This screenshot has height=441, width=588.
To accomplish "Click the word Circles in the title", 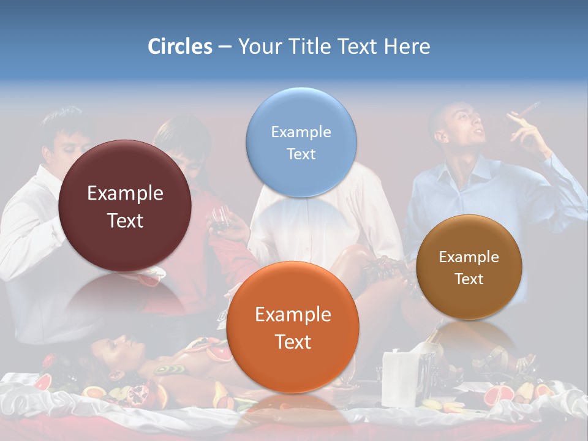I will click(x=179, y=47).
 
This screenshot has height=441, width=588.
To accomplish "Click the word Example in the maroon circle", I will click(x=125, y=194).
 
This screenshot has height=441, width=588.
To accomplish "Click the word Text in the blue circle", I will click(x=301, y=154).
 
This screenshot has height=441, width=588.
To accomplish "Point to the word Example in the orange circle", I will click(x=293, y=315).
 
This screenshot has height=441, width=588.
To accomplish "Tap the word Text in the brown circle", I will click(x=469, y=279).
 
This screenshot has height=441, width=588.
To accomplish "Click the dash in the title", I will click(x=225, y=47).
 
